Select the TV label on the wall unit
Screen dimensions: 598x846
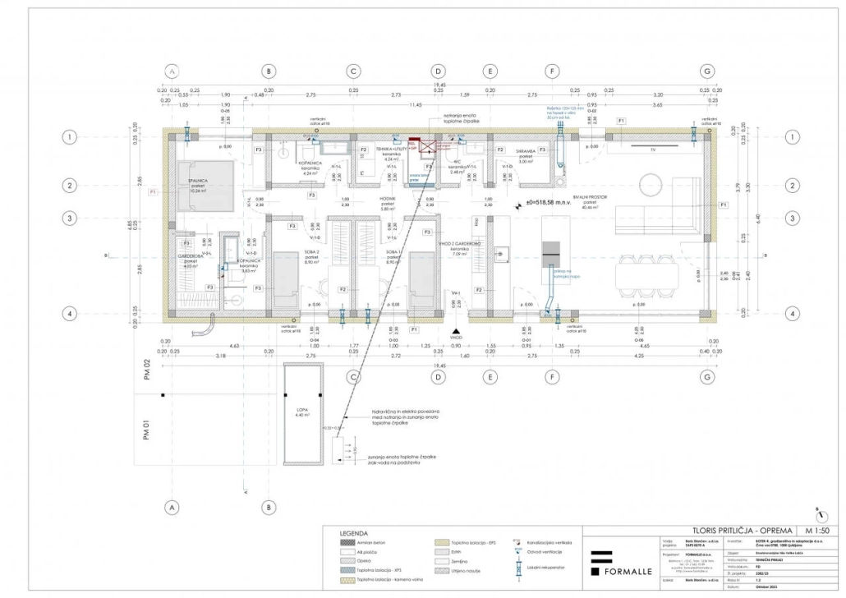tap(653, 151)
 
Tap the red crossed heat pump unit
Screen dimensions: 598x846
tap(427, 146)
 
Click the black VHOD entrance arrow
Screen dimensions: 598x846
tap(456, 330)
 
